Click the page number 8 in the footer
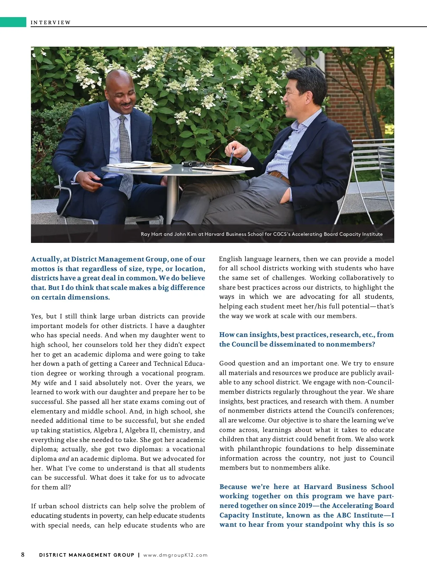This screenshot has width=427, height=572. pyautogui.click(x=23, y=555)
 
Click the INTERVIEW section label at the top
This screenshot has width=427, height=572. pyautogui.click(x=51, y=22)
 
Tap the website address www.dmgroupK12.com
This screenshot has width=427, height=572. pyautogui.click(x=175, y=555)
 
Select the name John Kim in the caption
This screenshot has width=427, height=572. pyautogui.click(x=185, y=234)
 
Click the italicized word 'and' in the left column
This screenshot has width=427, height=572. pyautogui.click(x=64, y=459)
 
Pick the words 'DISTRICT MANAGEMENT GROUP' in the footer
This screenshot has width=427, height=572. pyautogui.click(x=86, y=555)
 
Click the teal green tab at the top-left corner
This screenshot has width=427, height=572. pyautogui.click(x=13, y=22)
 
